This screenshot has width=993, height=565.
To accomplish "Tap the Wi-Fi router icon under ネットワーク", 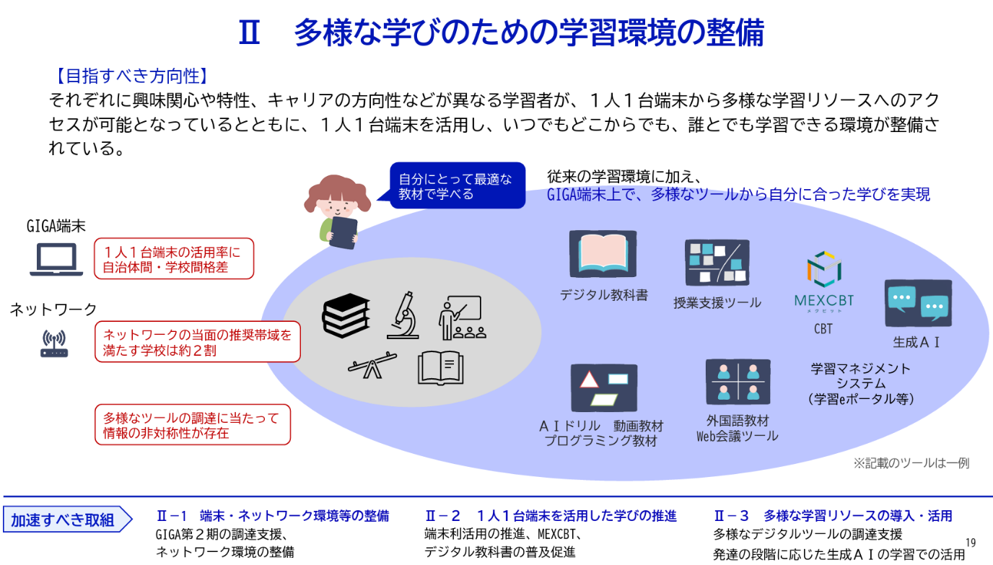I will coord(53,344).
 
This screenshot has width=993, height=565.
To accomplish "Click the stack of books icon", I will coord(346,315).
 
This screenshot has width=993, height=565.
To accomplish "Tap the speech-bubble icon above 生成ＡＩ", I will coord(918,304).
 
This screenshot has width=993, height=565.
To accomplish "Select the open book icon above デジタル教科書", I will coord(603,255).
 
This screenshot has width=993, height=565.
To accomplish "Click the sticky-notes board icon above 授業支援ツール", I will coord(717,262).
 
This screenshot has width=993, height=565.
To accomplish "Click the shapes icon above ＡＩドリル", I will coord(603,387).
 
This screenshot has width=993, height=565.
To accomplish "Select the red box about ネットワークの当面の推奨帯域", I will coord(198,342).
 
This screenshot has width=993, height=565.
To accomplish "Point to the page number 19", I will coord(970,541).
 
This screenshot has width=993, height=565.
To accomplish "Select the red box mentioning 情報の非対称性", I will coord(193,424).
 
